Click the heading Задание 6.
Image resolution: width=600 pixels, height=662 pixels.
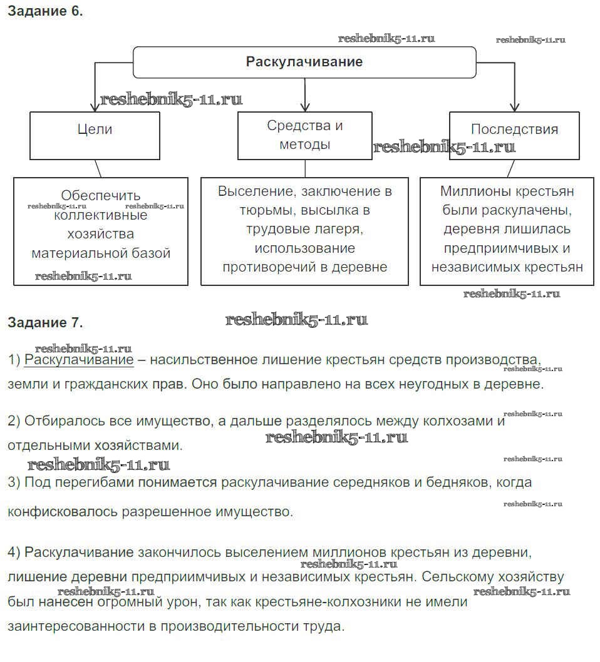(x=44, y=11)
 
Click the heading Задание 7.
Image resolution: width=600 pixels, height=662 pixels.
(x=44, y=323)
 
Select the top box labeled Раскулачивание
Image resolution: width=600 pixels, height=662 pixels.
(x=304, y=62)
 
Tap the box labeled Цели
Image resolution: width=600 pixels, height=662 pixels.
(x=95, y=130)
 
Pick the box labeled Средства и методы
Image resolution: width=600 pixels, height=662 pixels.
(x=305, y=135)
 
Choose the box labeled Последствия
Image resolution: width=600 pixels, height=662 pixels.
(x=514, y=130)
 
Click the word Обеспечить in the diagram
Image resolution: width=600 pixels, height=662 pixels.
(x=101, y=196)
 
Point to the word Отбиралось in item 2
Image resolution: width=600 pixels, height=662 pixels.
(x=57, y=421)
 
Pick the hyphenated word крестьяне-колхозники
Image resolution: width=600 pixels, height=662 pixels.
(x=304, y=602)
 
